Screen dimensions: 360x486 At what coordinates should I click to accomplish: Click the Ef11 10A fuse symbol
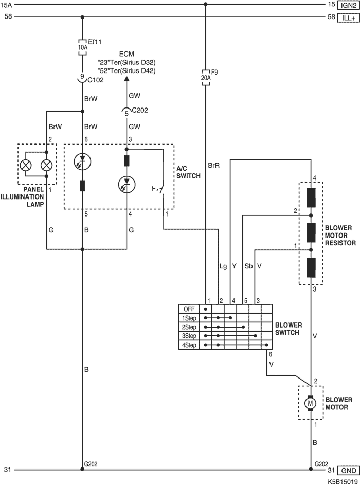[x=82, y=47]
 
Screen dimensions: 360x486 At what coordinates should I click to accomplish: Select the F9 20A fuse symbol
[x=206, y=77]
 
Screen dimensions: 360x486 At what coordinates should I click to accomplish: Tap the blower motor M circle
[x=311, y=403]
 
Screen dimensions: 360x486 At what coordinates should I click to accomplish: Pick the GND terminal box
[x=349, y=470]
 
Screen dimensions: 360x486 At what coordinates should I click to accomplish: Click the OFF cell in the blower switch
[x=189, y=309]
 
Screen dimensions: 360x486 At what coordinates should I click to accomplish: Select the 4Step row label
[x=189, y=345]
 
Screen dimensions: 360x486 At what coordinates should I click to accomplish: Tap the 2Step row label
[x=189, y=327]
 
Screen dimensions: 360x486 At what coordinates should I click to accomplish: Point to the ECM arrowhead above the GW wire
[x=127, y=79]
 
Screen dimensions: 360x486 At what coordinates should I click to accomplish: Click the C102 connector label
[x=96, y=80]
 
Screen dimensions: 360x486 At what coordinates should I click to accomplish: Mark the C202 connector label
[x=140, y=110]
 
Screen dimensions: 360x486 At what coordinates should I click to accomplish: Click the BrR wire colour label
[x=213, y=166]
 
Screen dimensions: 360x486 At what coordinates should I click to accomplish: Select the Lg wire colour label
[x=223, y=266]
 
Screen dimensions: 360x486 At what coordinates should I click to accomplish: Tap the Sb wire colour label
[x=248, y=266]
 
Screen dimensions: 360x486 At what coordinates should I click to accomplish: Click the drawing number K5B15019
[x=343, y=482]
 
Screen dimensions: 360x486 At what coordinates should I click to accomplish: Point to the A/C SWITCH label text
[x=189, y=172]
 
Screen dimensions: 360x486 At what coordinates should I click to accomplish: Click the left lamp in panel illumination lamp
[x=25, y=165]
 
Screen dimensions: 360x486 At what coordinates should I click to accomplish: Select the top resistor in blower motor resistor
[x=311, y=197]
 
